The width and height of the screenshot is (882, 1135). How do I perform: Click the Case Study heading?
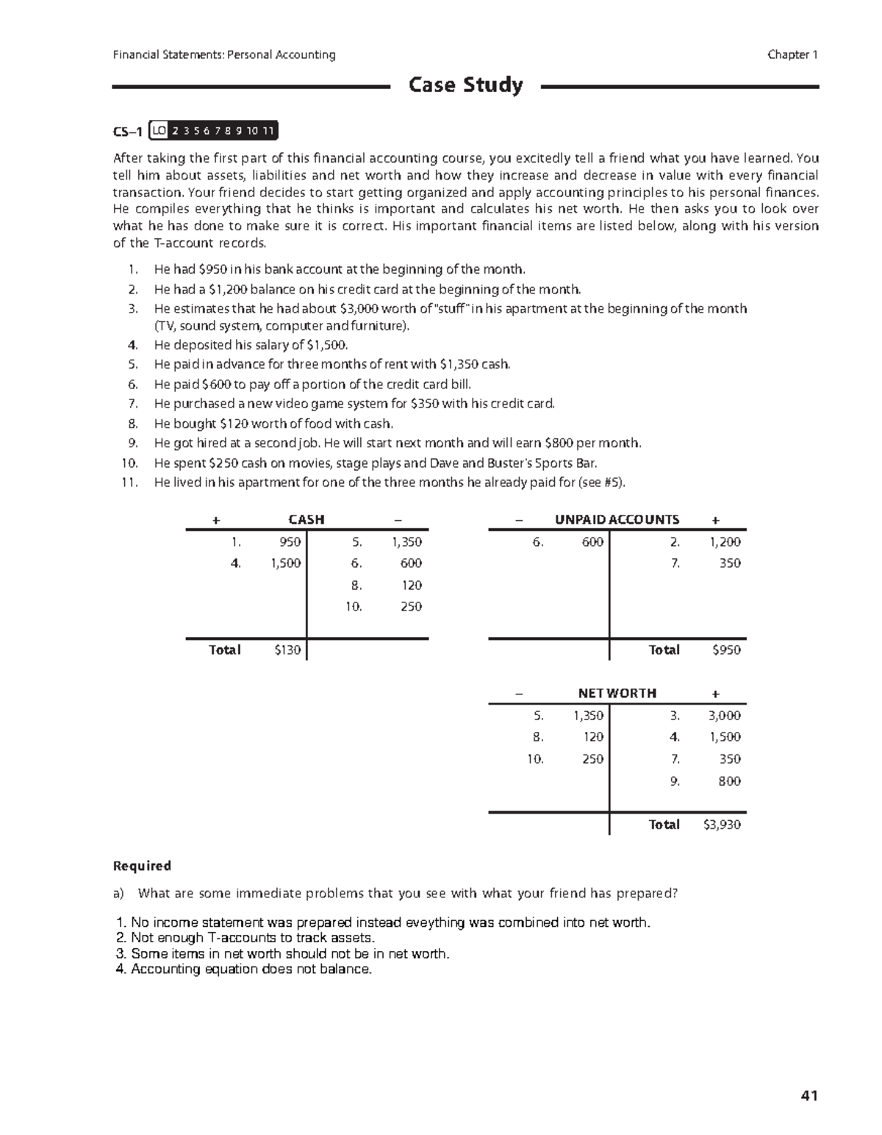(465, 85)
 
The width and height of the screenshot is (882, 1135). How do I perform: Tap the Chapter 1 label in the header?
(792, 54)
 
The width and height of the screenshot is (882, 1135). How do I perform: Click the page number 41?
(808, 1096)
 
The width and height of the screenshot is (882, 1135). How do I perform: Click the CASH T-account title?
(306, 519)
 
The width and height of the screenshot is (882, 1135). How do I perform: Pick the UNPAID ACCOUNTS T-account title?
(617, 519)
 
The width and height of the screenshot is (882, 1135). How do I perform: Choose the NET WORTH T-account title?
(617, 693)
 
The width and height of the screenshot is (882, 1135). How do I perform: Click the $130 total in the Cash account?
(287, 650)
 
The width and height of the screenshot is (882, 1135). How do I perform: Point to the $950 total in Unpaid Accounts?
(726, 650)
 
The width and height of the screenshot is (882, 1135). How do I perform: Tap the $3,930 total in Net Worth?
(722, 825)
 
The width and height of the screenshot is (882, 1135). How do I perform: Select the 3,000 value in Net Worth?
(724, 716)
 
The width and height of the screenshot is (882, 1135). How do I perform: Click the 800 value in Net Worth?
(729, 781)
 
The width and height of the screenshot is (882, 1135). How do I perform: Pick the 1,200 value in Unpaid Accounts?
(724, 542)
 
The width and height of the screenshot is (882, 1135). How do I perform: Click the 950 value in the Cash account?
(290, 542)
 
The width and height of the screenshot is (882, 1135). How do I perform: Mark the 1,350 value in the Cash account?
(406, 542)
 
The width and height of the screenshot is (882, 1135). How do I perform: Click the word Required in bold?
(142, 866)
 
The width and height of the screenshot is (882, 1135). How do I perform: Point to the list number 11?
(130, 483)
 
